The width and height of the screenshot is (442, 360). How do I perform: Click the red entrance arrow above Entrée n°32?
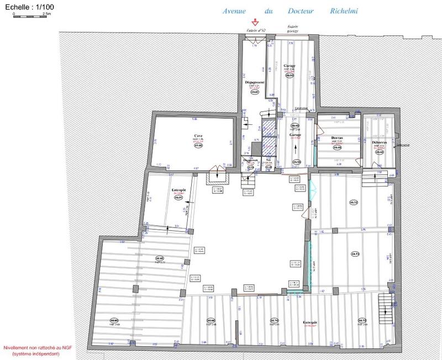pos(255,23)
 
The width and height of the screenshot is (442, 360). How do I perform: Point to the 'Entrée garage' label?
pos(292,29)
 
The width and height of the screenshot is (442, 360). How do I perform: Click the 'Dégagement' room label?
pos(255,82)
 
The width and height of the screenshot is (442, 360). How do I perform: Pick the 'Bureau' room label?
pos(338,138)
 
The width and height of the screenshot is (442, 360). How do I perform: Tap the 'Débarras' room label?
pos(378,142)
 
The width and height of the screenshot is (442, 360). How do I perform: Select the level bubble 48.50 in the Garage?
pos(290,75)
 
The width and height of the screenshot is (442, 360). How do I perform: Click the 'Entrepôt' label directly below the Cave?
pos(178,189)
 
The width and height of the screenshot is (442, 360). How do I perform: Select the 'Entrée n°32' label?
pos(255,30)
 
